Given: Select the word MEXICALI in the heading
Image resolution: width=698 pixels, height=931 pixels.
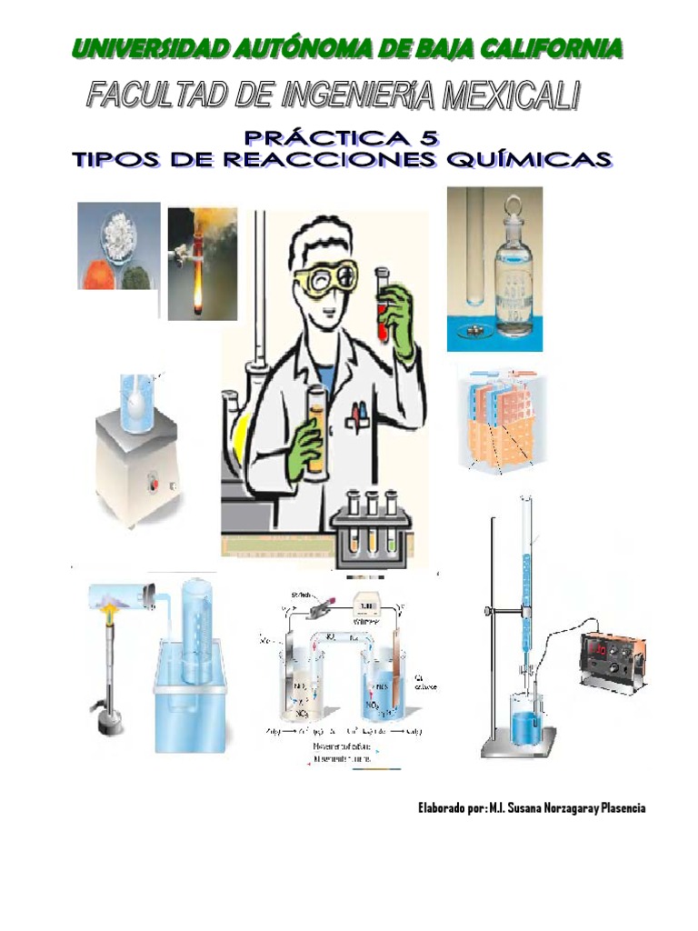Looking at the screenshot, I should click(x=510, y=95).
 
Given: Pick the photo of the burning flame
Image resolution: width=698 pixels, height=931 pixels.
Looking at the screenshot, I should click(x=202, y=264).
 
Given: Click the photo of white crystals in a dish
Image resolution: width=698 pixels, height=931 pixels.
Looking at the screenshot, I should click(x=118, y=245).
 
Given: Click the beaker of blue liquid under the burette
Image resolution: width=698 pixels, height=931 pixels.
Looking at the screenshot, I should click(x=524, y=723).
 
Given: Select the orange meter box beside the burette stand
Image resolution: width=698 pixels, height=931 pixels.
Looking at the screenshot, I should click(x=614, y=659).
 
